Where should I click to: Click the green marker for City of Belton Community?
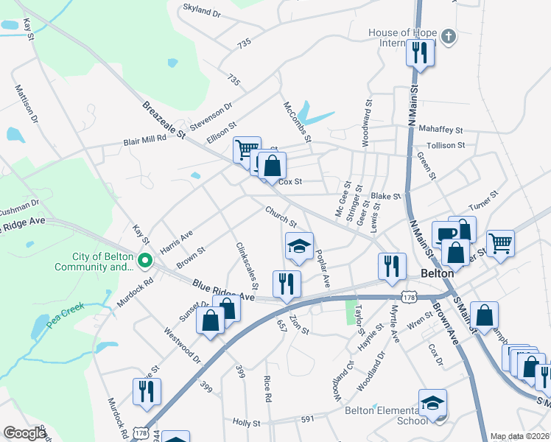click(x=145, y=259)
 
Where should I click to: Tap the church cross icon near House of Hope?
click(x=449, y=35)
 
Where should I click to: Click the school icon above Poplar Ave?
click(x=299, y=246)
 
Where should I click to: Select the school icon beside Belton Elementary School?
click(x=432, y=402)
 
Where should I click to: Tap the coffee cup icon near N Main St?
click(x=444, y=234)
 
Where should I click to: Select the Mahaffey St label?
click(x=440, y=129)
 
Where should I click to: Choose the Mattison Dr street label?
click(x=27, y=104)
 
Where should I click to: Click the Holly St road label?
click(x=247, y=423)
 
